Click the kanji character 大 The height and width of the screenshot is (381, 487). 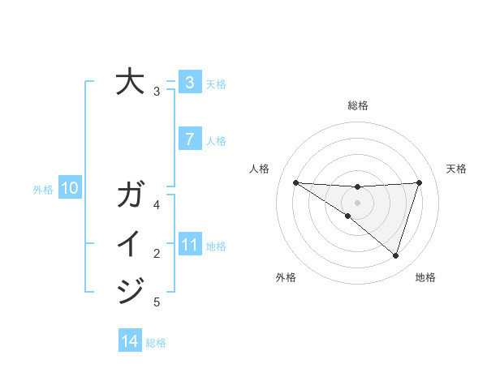130,82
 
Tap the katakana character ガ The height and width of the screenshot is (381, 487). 130,195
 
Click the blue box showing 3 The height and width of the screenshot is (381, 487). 189,82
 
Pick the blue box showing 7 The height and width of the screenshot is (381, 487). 189,139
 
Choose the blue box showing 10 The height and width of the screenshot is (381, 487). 69,189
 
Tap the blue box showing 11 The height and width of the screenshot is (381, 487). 189,245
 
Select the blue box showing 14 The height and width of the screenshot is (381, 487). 130,341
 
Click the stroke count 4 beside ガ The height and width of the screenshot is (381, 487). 157,205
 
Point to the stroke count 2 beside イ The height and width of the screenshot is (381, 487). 157,254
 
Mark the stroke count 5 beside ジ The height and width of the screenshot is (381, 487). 157,302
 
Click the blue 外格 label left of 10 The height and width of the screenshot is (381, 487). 43,190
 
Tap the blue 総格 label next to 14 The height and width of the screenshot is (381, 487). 156,342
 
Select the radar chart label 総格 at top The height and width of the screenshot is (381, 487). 357,105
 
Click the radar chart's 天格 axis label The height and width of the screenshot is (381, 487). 456,169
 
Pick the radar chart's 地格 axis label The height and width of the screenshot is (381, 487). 425,277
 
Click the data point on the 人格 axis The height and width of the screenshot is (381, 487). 295,182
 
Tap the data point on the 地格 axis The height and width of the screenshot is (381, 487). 395,255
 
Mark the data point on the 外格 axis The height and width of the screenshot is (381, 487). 347,216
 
